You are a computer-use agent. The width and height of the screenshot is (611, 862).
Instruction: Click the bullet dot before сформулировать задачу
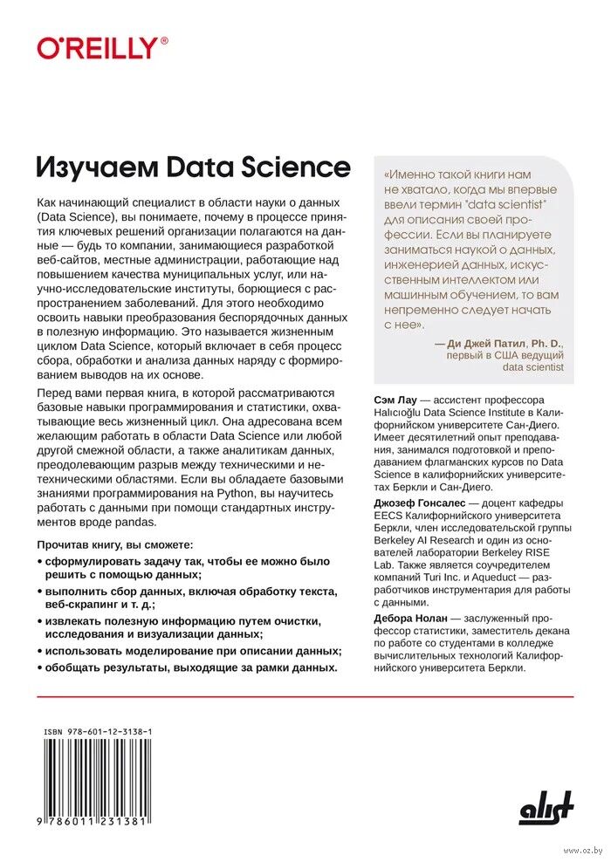coord(40,561)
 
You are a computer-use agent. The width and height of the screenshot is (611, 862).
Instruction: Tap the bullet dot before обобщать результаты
coord(40,667)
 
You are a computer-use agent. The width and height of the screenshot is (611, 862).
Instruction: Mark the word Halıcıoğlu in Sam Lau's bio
coord(402,413)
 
